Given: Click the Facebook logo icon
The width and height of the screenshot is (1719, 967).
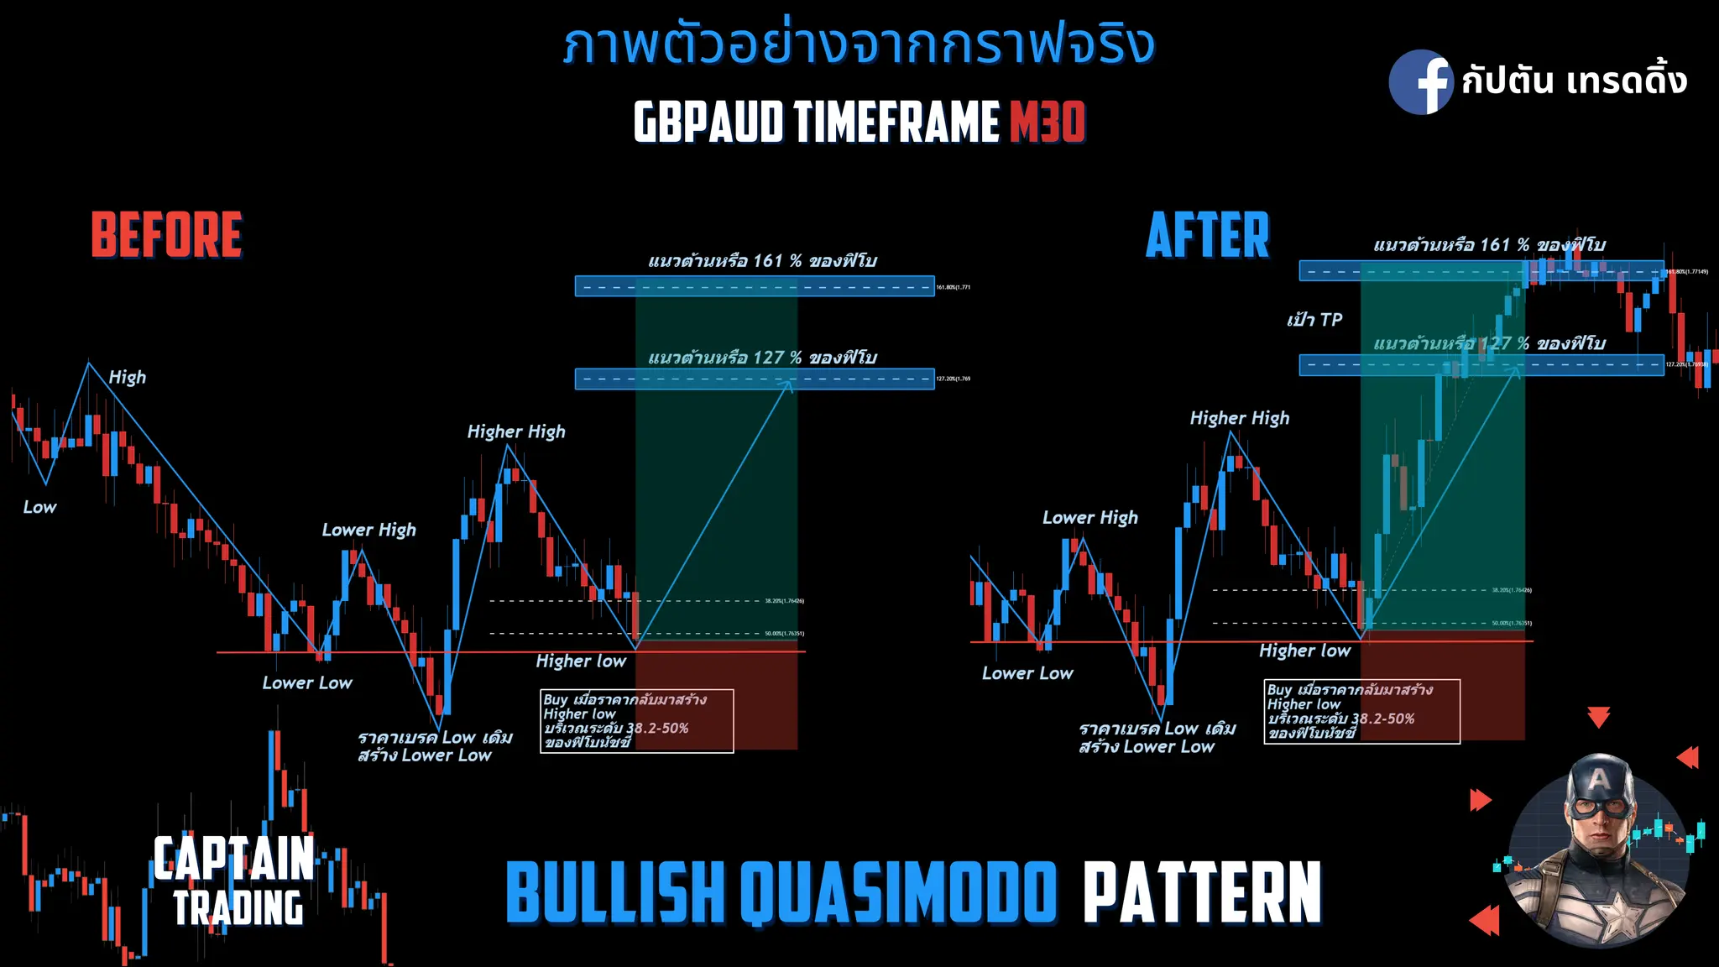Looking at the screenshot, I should pyautogui.click(x=1420, y=82).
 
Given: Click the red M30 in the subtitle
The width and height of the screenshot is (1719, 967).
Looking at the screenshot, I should pyautogui.click(x=1047, y=123).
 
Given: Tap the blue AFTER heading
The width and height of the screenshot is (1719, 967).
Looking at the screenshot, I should pyautogui.click(x=1208, y=236).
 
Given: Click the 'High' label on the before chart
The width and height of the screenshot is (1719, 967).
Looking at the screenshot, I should pyautogui.click(x=128, y=378).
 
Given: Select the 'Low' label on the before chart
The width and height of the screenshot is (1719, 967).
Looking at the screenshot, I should pyautogui.click(x=39, y=507).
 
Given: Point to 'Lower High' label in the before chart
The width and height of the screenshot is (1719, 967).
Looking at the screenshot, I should pyautogui.click(x=368, y=530).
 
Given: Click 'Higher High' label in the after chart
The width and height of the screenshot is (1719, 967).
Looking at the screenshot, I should pyautogui.click(x=1239, y=418).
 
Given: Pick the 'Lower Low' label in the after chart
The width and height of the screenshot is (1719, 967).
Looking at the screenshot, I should pyautogui.click(x=1027, y=673).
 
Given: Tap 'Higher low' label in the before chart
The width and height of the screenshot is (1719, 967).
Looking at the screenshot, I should pyautogui.click(x=581, y=661).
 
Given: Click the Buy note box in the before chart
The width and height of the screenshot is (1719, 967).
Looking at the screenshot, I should pyautogui.click(x=636, y=721).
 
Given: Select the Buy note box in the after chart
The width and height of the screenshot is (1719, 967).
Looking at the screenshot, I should pyautogui.click(x=1361, y=711).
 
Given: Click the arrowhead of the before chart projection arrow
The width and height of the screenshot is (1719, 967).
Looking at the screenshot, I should pyautogui.click(x=787, y=384).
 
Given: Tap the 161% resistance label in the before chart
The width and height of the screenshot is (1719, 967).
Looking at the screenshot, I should pyautogui.click(x=762, y=261).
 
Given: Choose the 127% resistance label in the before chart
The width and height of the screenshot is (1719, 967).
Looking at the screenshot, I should pyautogui.click(x=762, y=358).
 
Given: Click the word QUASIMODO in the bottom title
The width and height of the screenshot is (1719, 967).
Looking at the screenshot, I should pyautogui.click(x=898, y=893).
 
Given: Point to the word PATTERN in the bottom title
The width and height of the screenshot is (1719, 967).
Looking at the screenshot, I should pyautogui.click(x=1202, y=893).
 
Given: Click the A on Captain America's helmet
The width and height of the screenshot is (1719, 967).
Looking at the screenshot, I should pyautogui.click(x=1599, y=781).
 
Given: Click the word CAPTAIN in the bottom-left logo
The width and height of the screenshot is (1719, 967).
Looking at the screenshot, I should pyautogui.click(x=233, y=859).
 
